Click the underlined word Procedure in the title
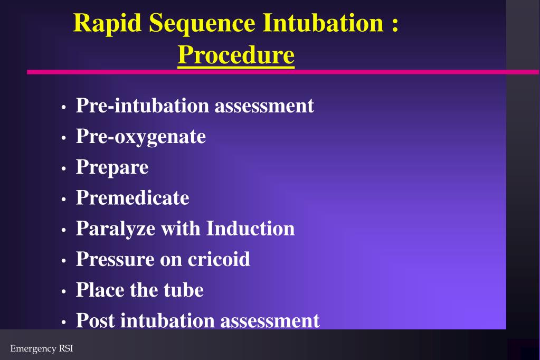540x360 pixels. click(236, 55)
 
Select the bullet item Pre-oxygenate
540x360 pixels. click(140, 136)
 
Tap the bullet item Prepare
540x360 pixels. click(112, 167)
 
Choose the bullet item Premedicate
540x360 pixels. click(132, 197)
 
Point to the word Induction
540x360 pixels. click(250, 229)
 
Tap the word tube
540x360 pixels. click(185, 290)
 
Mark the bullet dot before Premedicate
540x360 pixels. click(63, 200)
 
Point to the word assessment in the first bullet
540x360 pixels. click(264, 106)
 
